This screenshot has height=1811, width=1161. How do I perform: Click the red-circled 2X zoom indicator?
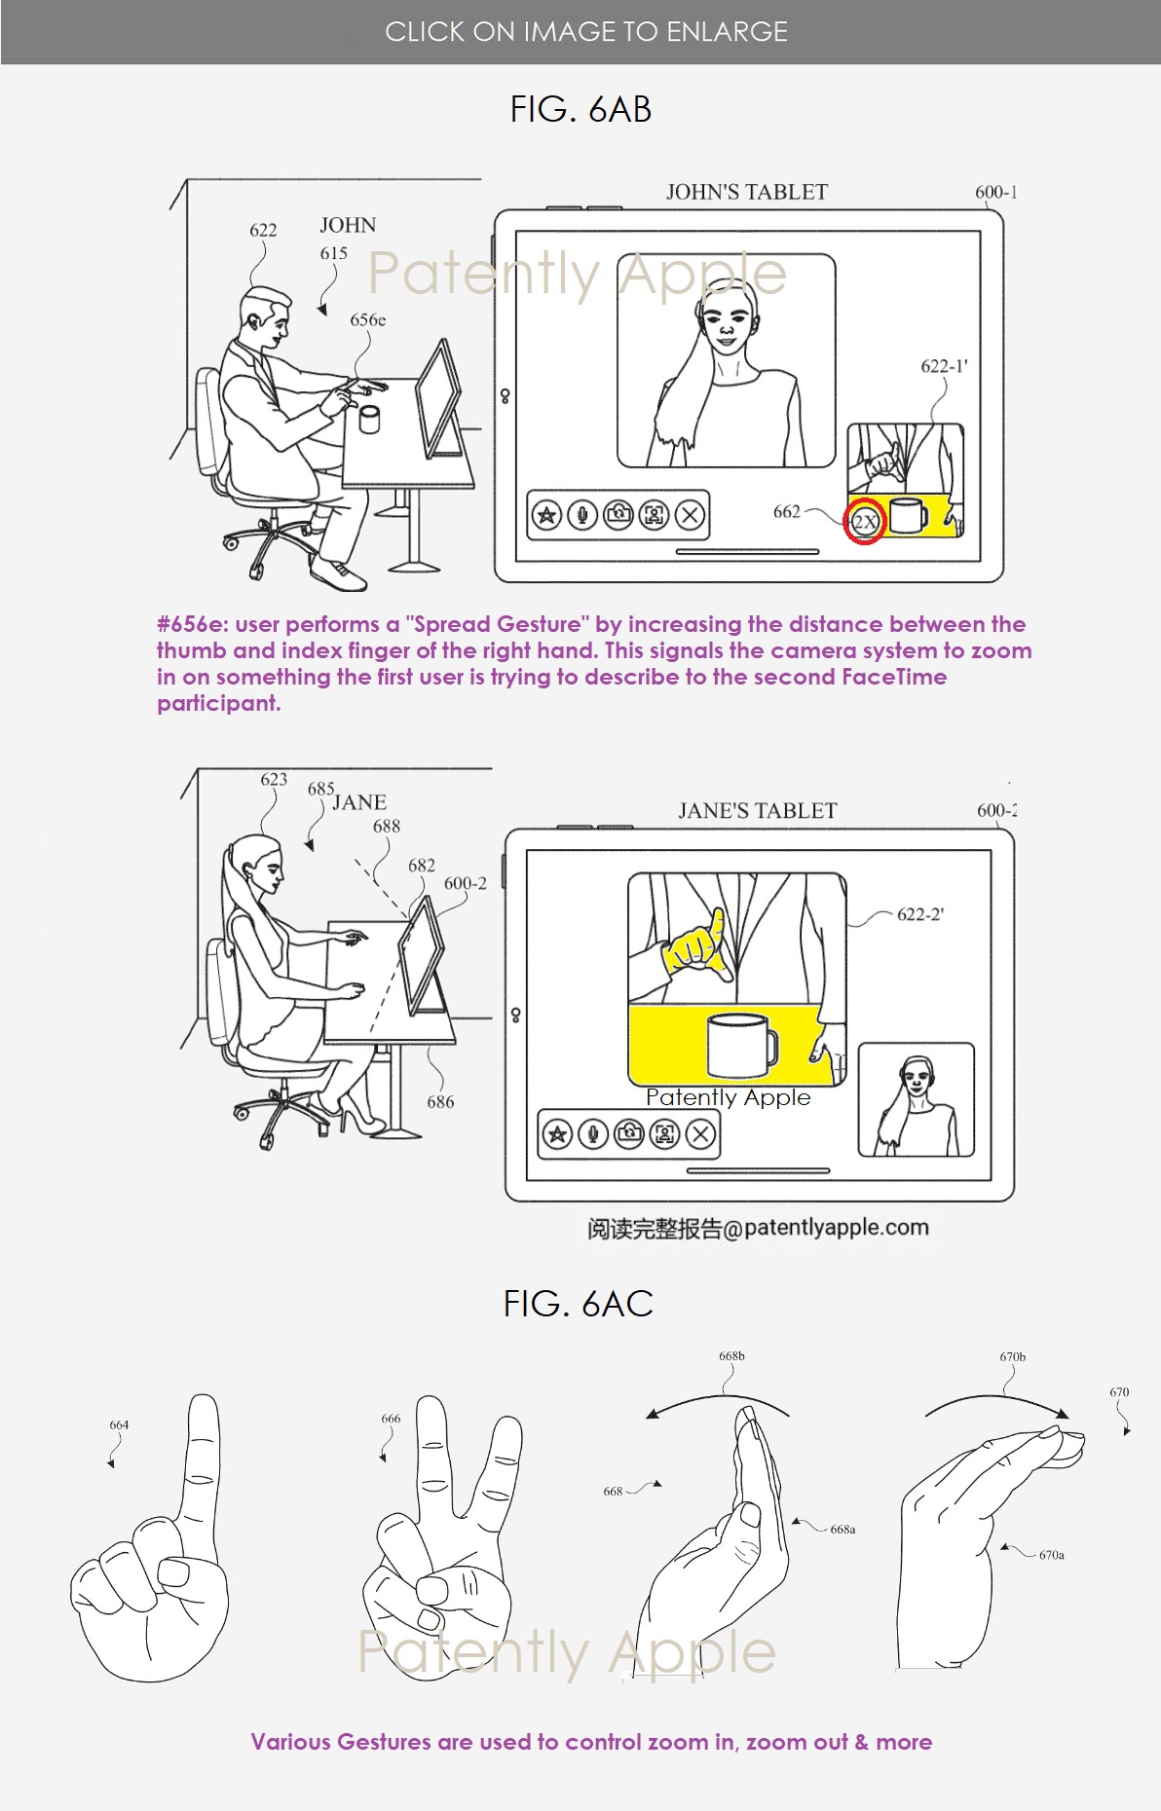click(x=865, y=521)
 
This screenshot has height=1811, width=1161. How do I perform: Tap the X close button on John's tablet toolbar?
click(x=690, y=515)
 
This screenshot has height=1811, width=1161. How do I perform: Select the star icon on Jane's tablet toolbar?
click(x=557, y=1133)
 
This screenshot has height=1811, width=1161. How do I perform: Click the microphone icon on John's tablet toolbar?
click(x=582, y=515)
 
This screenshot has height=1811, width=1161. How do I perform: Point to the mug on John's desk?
click(x=368, y=420)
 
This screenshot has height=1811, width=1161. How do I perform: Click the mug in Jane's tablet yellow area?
click(x=741, y=1045)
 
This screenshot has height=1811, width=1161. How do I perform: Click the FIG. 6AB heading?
click(x=580, y=109)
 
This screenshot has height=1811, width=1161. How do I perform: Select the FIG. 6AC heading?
click(x=579, y=1304)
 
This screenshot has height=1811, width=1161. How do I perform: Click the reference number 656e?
click(x=368, y=319)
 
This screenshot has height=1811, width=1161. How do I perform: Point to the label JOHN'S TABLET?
click(x=747, y=192)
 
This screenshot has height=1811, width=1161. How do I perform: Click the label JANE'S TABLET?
click(x=758, y=810)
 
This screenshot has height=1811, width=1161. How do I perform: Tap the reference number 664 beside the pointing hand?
click(x=119, y=1424)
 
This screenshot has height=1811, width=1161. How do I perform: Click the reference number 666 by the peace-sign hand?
click(x=391, y=1419)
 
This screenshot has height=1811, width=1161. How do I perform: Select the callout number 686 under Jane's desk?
click(x=440, y=1102)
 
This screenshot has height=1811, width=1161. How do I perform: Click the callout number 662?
click(x=787, y=511)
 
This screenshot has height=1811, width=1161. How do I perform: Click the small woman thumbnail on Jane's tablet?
click(x=916, y=1100)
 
